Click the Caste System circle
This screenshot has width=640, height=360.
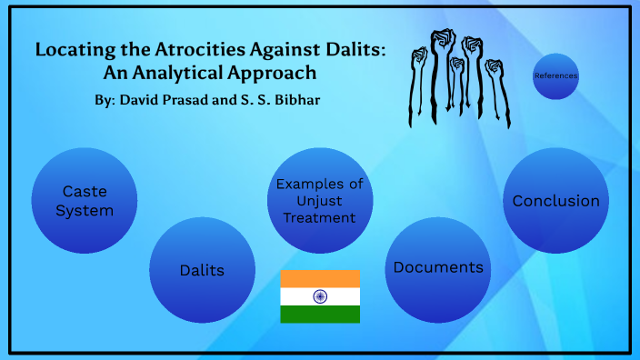85,201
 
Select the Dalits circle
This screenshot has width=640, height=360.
202,270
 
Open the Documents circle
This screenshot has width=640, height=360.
438,268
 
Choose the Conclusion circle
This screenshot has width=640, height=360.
555,201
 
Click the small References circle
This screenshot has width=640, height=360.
555,76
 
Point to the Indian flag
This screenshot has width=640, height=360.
320,296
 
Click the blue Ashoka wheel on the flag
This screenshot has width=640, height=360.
320,296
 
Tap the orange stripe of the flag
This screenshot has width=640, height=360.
320,279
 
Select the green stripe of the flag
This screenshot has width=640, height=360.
320,314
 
